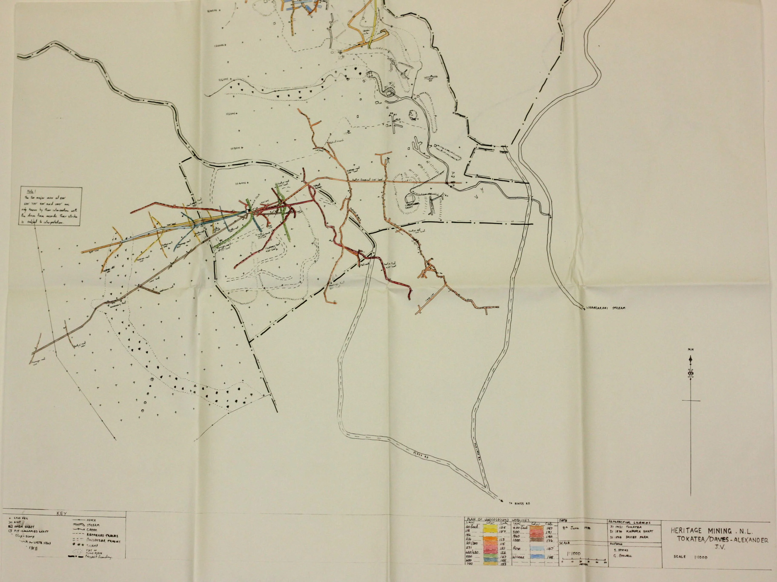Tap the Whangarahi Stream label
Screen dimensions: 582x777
pyautogui.click(x=605, y=308)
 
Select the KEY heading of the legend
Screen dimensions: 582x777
pyautogui.click(x=62, y=513)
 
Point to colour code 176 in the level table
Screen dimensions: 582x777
pyautogui.click(x=550, y=541)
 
